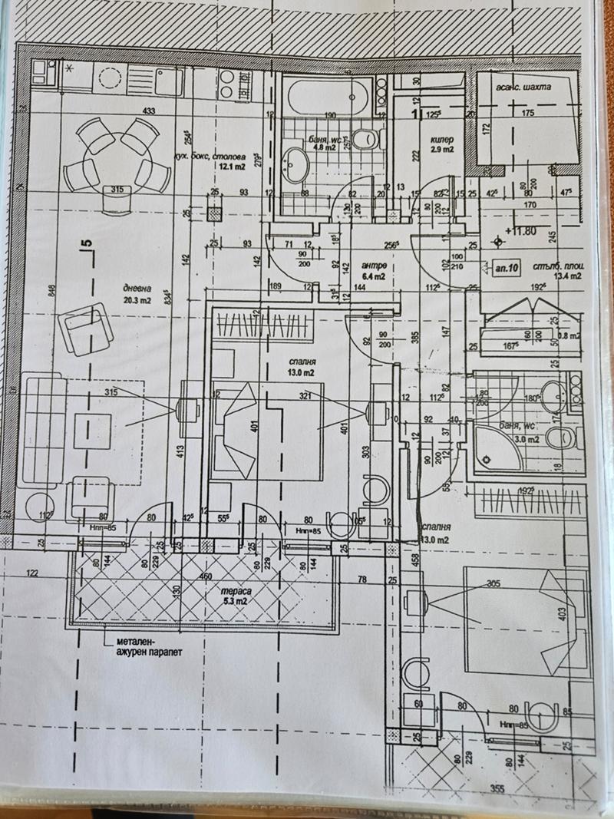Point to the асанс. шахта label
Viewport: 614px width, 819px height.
[523, 87]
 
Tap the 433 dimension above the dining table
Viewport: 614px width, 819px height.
[149, 111]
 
